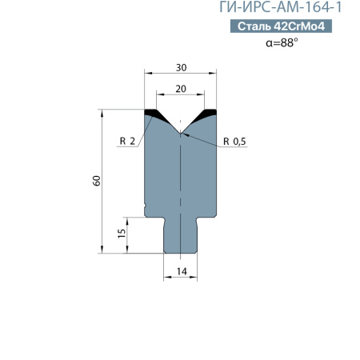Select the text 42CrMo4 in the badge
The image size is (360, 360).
298,26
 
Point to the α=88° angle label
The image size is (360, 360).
282,43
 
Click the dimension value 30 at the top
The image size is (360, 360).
180,67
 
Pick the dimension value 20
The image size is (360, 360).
180,89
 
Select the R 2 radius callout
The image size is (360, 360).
126,142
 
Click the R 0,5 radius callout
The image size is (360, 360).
234,142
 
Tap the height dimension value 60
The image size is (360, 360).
97,181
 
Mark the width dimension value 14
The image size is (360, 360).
181,273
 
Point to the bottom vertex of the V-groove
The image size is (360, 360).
181,132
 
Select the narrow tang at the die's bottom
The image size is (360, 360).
181,236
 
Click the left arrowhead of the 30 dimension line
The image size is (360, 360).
147,75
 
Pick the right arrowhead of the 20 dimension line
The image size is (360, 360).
202,97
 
